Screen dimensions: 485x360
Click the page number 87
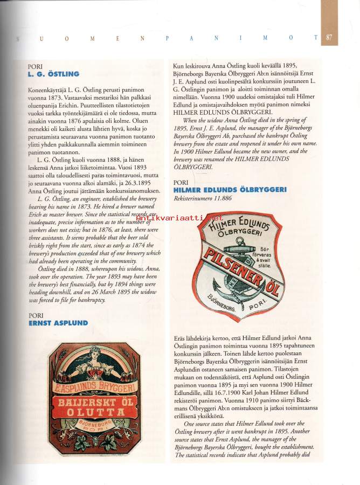[329, 38]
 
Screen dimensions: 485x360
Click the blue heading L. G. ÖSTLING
[53, 74]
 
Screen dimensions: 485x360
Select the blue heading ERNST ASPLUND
[58, 323]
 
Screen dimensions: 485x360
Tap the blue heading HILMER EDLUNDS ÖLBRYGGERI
[230, 190]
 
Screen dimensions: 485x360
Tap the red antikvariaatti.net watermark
[176, 218]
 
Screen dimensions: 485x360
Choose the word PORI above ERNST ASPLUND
[36, 315]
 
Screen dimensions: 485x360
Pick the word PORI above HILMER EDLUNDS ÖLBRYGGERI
[181, 182]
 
